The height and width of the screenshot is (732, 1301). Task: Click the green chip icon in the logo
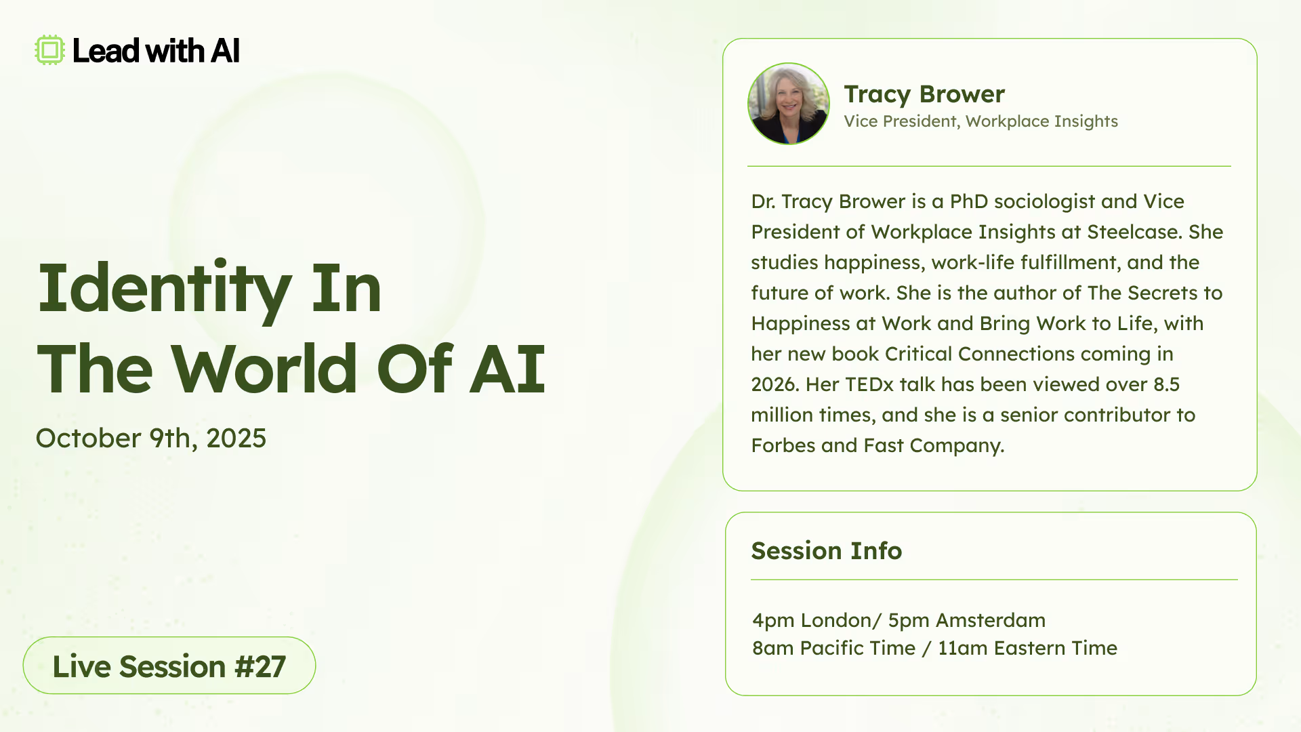point(49,50)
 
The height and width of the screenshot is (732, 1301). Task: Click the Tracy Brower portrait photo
point(789,104)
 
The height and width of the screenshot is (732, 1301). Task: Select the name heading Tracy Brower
point(924,94)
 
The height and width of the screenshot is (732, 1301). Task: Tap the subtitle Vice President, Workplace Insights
point(980,121)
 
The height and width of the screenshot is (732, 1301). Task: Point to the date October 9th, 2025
point(151,439)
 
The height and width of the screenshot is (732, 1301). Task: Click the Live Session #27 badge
point(169,666)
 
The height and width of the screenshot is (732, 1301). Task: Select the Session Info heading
point(827,551)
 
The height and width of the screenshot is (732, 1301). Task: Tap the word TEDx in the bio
point(869,384)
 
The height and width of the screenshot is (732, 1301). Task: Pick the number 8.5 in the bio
point(1166,384)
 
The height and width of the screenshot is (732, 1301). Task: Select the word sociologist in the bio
point(1044,201)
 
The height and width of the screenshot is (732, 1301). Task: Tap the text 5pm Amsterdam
point(967,620)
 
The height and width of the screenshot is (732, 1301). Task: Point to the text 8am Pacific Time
point(833,648)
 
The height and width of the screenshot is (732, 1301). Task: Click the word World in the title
point(264,369)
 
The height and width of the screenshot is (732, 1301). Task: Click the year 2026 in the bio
point(772,384)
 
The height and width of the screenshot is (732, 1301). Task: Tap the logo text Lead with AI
point(156,51)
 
